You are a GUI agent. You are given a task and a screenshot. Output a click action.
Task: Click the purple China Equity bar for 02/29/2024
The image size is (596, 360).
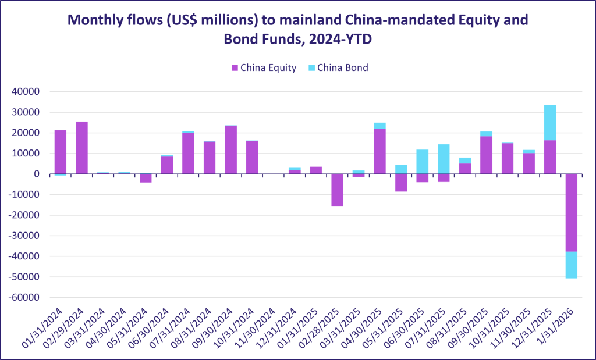pos(81,148)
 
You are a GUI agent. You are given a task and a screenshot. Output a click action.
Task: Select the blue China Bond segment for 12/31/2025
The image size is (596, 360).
pos(550,123)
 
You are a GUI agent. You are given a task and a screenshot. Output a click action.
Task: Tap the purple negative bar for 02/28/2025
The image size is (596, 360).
pos(337,190)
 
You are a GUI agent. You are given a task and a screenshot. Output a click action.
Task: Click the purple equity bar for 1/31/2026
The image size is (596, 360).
pos(572,213)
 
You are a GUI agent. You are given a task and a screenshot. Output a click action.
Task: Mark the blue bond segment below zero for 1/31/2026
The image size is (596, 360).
pos(572,265)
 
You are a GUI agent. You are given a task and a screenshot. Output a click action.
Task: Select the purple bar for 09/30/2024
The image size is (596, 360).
pos(230,149)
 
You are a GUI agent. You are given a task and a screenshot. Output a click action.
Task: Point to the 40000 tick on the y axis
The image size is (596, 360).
pos(26,92)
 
